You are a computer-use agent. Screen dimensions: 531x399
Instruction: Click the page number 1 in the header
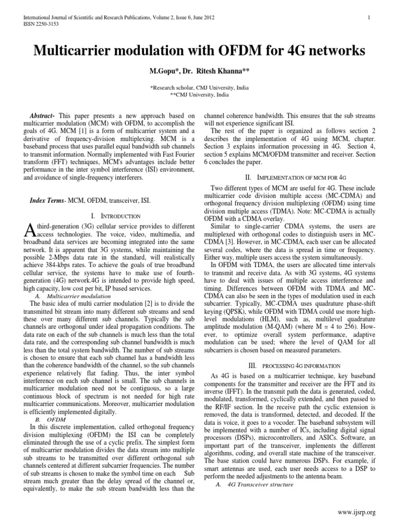(368, 17)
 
